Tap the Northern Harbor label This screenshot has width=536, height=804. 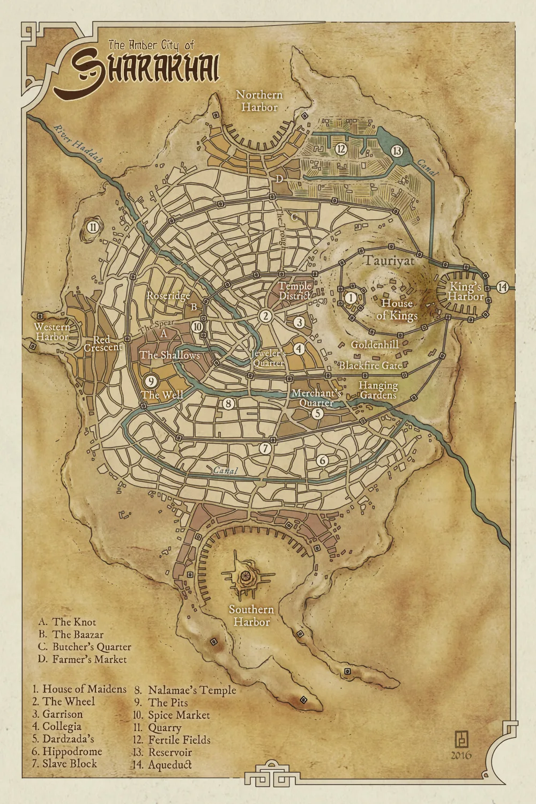coord(259,101)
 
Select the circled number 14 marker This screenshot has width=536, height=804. coord(502,287)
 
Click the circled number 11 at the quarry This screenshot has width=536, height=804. coord(93,227)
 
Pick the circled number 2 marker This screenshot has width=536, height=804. coord(265,316)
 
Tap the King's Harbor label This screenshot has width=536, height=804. coord(465,291)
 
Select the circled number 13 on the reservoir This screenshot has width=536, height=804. coord(397,151)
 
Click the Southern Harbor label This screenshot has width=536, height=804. coord(251,615)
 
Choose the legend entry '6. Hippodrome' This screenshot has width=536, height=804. coord(67,751)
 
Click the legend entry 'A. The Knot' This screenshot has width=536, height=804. coord(68,622)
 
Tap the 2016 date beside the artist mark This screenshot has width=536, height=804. coord(461,755)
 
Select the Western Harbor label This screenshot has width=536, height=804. coord(53,332)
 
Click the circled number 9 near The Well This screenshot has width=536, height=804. coord(151,381)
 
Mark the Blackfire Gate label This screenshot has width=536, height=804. coord(370,366)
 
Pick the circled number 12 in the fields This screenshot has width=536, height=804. coord(340,149)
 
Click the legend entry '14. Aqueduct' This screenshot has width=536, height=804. coord(162,765)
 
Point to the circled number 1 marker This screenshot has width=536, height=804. coord(350,297)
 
